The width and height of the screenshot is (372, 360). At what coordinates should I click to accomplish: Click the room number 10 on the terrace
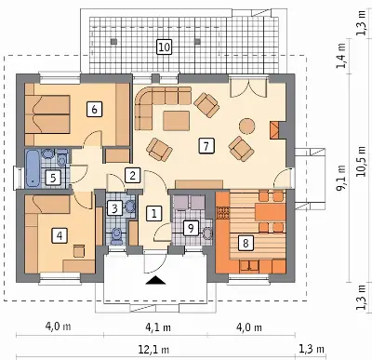click(164, 47)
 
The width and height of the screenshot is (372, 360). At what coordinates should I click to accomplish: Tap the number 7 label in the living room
click(206, 146)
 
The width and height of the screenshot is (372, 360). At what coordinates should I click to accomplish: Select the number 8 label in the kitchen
click(246, 243)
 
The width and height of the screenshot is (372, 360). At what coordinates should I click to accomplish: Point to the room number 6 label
click(95, 110)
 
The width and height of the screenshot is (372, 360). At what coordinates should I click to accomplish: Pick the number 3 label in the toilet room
click(114, 208)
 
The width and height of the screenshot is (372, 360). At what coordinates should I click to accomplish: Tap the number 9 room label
click(191, 229)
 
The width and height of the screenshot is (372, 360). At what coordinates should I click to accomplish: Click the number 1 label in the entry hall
click(153, 213)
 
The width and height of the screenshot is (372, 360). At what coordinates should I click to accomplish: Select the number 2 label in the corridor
click(133, 176)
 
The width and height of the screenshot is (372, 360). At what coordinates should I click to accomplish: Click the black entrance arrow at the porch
click(155, 280)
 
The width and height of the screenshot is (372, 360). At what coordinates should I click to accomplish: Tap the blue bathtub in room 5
click(33, 168)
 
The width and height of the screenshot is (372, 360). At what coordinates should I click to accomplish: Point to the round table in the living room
click(247, 126)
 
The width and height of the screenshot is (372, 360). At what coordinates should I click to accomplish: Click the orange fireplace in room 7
click(274, 129)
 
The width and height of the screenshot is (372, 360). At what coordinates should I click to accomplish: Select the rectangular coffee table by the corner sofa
click(176, 121)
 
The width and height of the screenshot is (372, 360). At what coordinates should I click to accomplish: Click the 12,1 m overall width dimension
click(153, 350)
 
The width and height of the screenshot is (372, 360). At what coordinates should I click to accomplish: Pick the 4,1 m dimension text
click(158, 327)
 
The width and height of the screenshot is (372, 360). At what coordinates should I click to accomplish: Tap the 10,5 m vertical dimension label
click(361, 161)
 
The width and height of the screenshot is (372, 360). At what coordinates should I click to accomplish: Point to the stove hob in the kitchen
click(223, 213)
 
